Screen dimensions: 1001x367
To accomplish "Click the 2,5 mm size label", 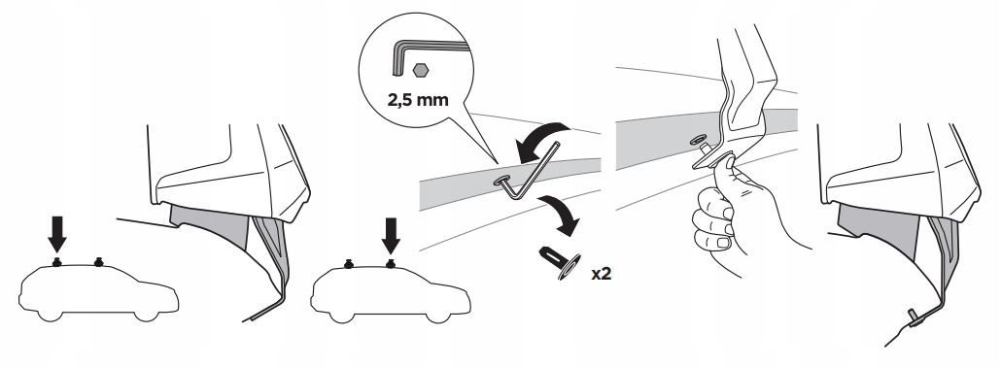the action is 418,100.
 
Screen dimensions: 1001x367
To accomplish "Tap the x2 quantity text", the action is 601,274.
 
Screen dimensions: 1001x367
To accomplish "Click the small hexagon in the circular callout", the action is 420,70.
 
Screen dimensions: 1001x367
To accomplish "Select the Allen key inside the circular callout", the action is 427,55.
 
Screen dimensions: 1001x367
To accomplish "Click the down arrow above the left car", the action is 57,234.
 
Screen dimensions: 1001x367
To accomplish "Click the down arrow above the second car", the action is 390,235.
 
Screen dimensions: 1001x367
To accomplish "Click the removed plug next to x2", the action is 561,262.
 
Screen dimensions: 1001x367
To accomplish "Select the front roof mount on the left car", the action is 98,262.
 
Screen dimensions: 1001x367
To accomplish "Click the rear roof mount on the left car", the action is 56,261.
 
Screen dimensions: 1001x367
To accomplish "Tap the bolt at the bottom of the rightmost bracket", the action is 914,317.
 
